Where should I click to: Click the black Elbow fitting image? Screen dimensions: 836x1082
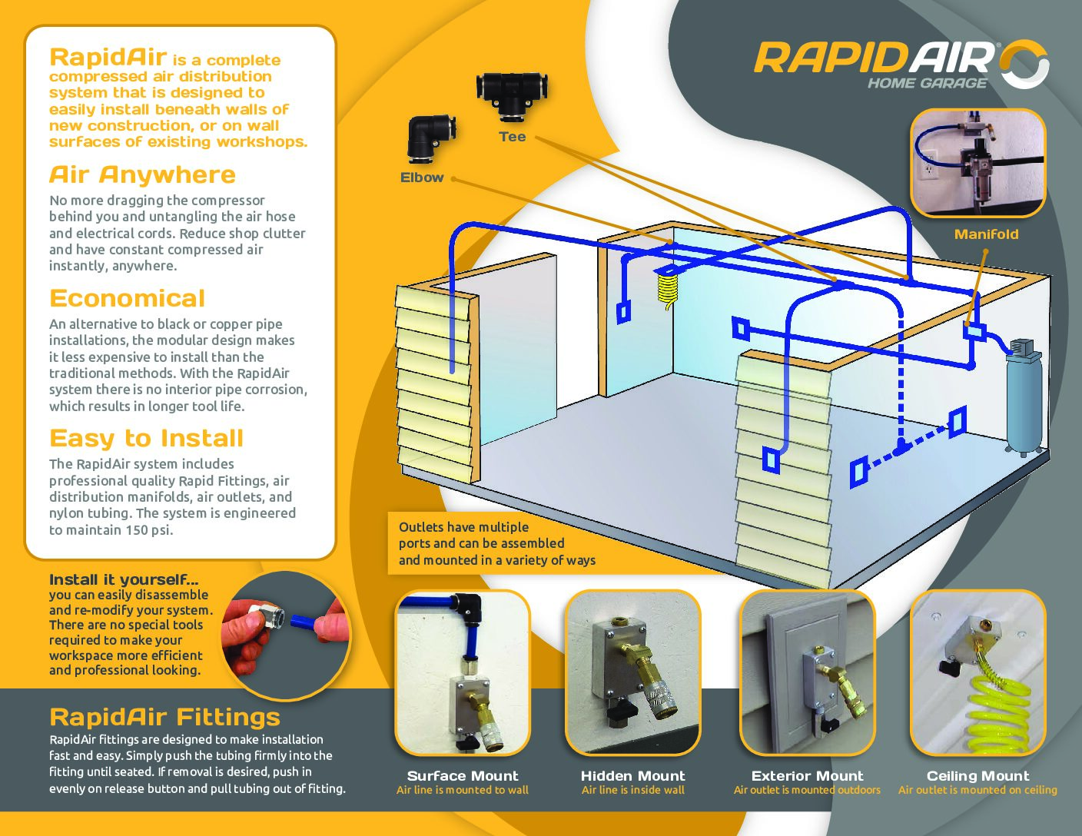click(428, 139)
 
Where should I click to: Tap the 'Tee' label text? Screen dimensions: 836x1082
click(512, 137)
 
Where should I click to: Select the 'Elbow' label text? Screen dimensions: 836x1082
click(422, 177)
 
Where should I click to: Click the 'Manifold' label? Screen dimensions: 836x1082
click(986, 234)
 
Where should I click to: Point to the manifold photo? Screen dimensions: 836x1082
click(978, 162)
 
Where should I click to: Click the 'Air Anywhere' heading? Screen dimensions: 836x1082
click(142, 174)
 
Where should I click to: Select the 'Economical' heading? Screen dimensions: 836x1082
click(128, 298)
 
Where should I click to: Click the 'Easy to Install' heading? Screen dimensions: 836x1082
click(146, 438)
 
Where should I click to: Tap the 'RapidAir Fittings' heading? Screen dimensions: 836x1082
click(164, 717)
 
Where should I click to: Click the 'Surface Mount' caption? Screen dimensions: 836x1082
click(463, 776)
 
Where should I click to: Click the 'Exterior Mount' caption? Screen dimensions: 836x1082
click(807, 776)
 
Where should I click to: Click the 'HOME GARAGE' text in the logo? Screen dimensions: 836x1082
click(928, 83)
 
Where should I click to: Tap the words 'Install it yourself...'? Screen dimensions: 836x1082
click(124, 579)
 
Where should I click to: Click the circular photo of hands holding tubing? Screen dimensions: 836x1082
click(285, 635)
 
